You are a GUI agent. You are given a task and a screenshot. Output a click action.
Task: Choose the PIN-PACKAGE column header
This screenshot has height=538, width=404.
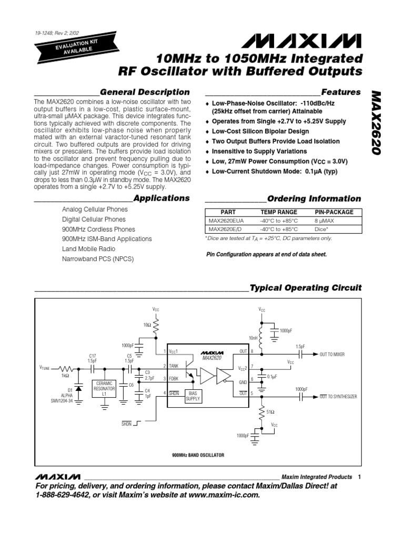(x=334, y=212)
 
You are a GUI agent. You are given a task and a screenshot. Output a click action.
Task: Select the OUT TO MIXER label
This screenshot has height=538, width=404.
(x=332, y=355)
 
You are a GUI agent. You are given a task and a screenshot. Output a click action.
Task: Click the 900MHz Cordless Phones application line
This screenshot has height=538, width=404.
(x=98, y=229)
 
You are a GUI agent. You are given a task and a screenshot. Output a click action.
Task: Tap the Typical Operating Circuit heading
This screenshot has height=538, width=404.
(x=305, y=288)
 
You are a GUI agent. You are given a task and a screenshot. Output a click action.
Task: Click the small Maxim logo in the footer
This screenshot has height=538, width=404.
(x=58, y=476)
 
